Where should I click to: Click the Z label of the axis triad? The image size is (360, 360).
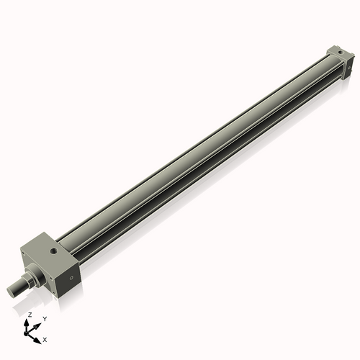click(29, 315)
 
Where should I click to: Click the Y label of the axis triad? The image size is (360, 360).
click(45, 318)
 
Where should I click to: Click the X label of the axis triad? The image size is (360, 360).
click(46, 338)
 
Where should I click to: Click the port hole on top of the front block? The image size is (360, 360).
click(55, 251)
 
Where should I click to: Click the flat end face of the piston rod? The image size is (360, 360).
click(10, 289)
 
